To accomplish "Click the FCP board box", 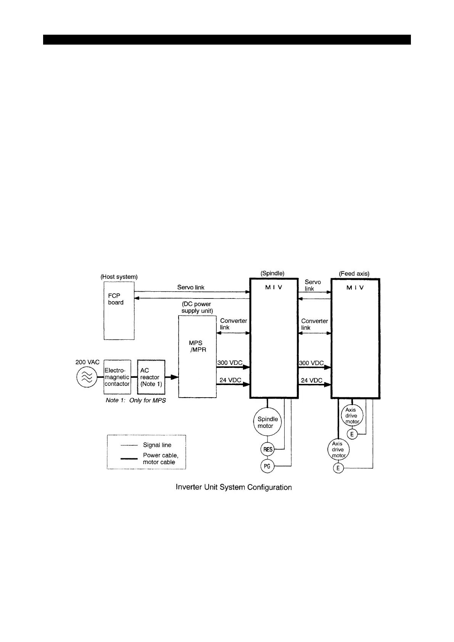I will [119, 311].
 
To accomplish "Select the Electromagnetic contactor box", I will [117, 377].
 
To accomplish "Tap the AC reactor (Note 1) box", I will [151, 377].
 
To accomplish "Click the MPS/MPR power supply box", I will [197, 356].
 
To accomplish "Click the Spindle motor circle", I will [267, 422].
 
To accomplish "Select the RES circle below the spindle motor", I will [268, 449].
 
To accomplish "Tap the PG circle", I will [267, 466].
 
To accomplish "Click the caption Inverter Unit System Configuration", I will [233, 487].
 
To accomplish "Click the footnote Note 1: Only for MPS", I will [135, 401].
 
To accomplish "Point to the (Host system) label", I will [119, 277].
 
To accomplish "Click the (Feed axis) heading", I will [354, 274].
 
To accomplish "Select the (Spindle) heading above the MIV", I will [272, 273].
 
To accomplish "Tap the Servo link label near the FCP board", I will [191, 287].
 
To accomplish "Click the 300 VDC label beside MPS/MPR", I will [230, 363].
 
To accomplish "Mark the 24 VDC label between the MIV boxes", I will [311, 380].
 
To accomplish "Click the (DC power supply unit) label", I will [197, 307].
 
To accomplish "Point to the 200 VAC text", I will [87, 362].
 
